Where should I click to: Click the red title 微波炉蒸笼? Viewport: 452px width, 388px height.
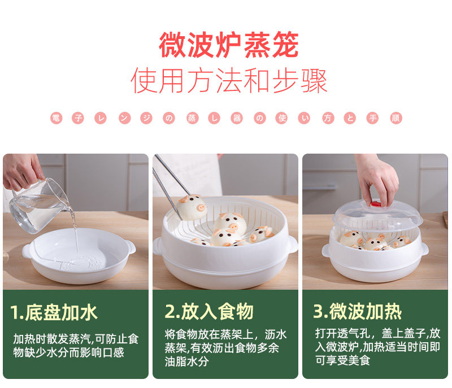(x=229, y=45)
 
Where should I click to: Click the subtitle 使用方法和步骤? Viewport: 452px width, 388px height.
(x=229, y=81)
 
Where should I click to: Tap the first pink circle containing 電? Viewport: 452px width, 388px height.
(x=56, y=118)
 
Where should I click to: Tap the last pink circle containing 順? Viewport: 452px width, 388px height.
(x=396, y=118)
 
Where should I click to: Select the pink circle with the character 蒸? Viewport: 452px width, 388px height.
(x=192, y=118)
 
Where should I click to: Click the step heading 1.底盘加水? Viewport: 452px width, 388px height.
(x=54, y=312)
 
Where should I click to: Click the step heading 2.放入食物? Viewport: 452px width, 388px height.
(x=209, y=311)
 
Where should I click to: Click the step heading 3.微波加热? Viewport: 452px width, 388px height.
(x=358, y=311)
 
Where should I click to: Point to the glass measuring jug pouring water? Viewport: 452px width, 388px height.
(x=39, y=206)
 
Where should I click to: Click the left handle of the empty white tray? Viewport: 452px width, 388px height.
(x=27, y=251)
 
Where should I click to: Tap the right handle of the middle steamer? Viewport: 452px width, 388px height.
(x=292, y=244)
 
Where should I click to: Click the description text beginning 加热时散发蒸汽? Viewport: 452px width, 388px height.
(x=76, y=346)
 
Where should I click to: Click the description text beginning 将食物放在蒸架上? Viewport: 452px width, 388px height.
(x=225, y=348)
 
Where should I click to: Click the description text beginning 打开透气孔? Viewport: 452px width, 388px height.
(x=377, y=347)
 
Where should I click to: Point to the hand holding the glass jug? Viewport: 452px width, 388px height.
(x=23, y=172)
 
